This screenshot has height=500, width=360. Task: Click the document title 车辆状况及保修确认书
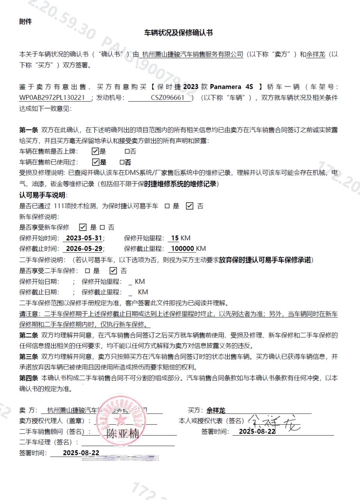178,33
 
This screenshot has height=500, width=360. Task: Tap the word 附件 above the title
25,22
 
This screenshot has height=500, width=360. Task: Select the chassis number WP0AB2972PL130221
53,98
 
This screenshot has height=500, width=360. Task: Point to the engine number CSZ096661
168,98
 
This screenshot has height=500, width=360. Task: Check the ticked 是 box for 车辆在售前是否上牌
95,152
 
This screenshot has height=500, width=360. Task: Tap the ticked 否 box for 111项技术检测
189,206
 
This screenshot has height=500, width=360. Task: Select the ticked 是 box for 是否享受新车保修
83,227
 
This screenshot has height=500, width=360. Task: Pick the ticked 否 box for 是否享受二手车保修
113,270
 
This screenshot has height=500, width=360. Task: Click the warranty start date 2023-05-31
84,238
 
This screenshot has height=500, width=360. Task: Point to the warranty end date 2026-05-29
84,248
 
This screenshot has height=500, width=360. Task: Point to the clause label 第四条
29,378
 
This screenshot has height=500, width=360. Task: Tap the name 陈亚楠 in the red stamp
122,434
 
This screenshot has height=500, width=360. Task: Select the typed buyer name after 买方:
216,411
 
